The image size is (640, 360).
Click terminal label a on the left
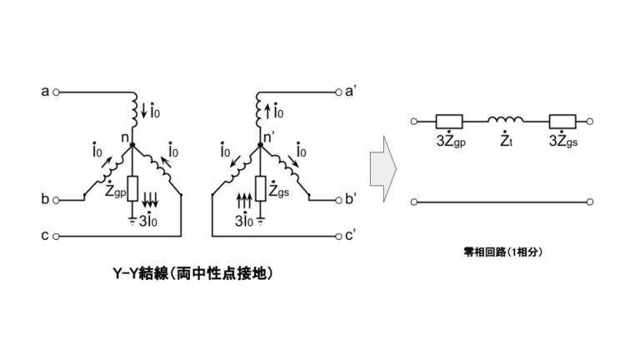coord(44,91)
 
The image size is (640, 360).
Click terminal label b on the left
coord(44,200)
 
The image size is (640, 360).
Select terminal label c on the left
coord(44,237)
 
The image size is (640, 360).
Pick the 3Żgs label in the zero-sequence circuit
coord(564,141)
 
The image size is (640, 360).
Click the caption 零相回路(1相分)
coord(502,250)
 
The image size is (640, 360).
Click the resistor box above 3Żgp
coord(450,121)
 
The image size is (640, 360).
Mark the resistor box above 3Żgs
coord(562,121)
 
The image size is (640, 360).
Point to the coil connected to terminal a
coord(134,109)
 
